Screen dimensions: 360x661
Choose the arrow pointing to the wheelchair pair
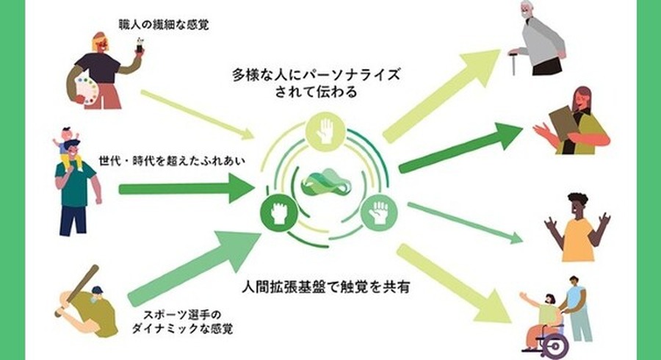[455, 283]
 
